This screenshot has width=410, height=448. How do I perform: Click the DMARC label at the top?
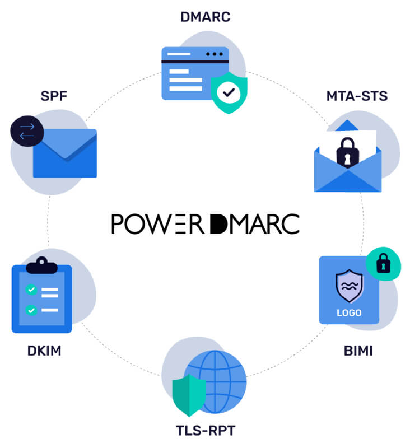point(206,17)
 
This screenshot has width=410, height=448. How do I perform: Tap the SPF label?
point(54,96)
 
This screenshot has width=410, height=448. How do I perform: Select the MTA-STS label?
point(357,96)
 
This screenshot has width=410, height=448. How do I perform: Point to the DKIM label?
point(44,351)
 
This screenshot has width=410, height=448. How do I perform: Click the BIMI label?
point(358,351)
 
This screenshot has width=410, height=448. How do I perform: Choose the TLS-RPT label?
point(206,430)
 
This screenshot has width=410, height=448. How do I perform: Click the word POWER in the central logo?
point(157,223)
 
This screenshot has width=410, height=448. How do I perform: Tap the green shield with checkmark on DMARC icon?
point(229,92)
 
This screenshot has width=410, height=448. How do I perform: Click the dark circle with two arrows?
point(27,131)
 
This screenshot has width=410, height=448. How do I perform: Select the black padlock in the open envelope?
point(347,152)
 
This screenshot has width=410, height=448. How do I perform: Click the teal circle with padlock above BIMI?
point(384,264)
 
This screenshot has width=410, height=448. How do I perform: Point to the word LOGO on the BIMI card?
point(349,313)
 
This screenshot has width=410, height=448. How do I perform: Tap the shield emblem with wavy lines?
point(349,286)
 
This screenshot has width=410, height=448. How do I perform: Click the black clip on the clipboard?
point(41,265)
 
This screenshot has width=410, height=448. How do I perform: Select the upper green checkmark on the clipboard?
point(31,290)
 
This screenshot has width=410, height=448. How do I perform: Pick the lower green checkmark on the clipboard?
point(31,310)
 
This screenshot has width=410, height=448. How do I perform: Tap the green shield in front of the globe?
point(189,395)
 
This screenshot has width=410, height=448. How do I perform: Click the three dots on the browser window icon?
point(215,54)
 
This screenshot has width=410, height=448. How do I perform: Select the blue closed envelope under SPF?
point(65,153)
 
